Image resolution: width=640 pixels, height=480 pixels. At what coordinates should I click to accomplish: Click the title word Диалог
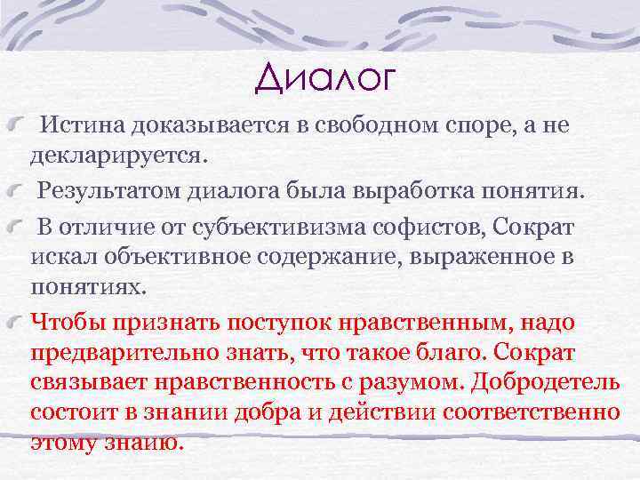click(323, 77)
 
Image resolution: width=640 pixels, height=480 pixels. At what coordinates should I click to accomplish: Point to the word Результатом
click(108, 190)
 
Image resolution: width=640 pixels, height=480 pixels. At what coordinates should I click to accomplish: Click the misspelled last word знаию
click(152, 444)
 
